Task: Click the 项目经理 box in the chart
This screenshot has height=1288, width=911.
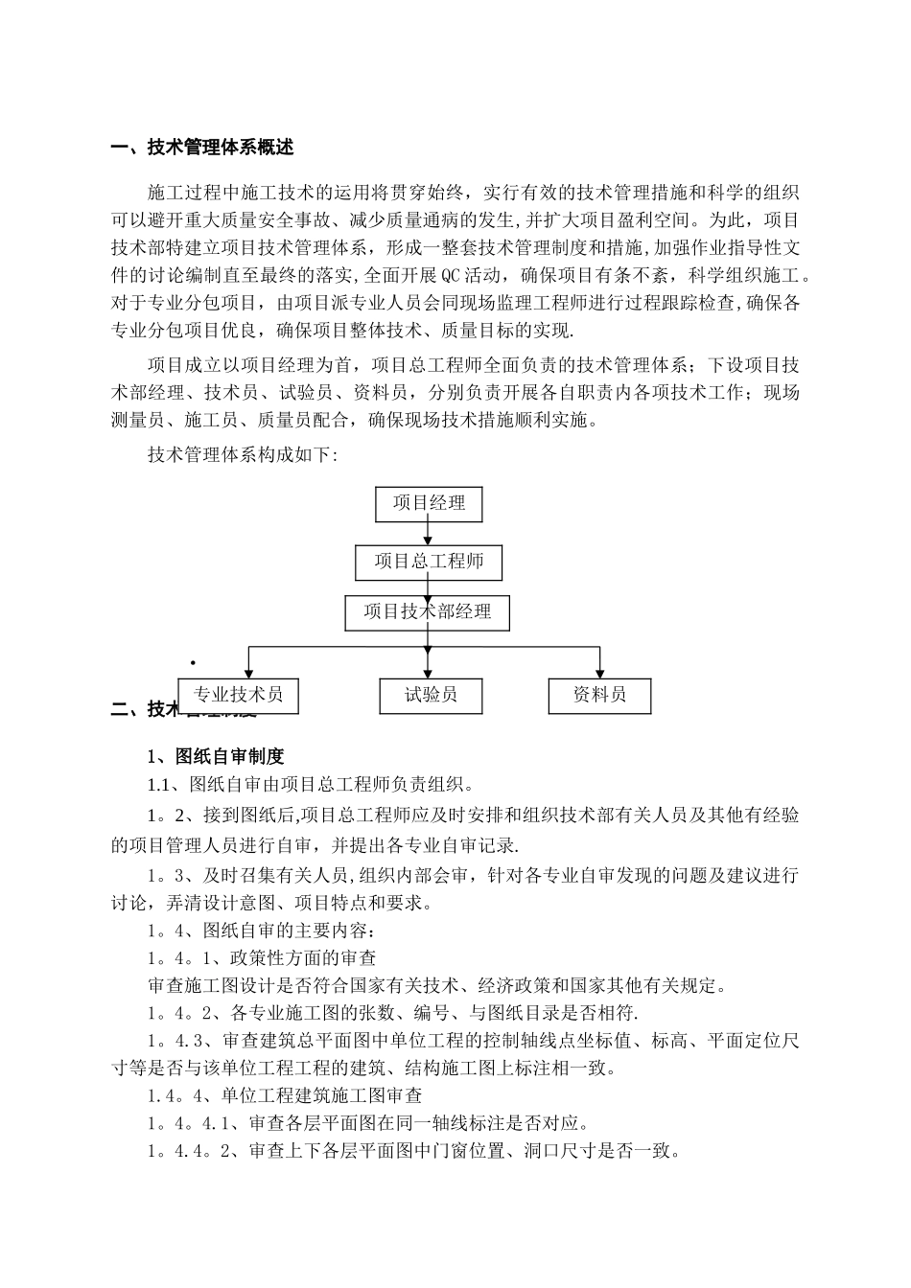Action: [429, 503]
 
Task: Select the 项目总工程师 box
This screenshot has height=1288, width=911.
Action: [429, 562]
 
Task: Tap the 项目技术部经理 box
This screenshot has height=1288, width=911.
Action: [428, 612]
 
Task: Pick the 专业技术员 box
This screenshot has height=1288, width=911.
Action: [238, 695]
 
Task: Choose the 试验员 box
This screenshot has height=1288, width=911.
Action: [431, 695]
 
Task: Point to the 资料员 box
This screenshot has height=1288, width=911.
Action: [599, 695]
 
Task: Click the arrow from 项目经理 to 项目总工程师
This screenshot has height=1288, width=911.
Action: [429, 533]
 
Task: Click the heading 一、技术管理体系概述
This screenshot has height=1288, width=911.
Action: [202, 148]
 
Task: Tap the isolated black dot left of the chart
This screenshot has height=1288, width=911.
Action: [193, 663]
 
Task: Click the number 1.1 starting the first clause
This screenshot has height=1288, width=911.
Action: [158, 786]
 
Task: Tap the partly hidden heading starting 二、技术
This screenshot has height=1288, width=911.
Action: [144, 709]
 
